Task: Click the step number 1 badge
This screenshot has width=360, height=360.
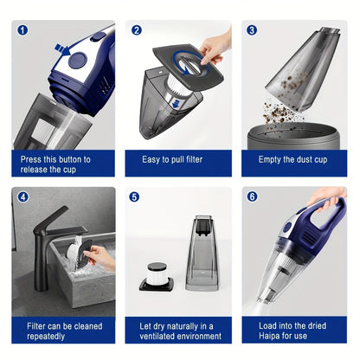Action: click(x=22, y=29)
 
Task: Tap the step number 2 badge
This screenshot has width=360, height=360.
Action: click(x=136, y=29)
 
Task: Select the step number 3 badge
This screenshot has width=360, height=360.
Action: click(x=252, y=29)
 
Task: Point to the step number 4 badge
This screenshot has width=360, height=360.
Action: click(x=22, y=196)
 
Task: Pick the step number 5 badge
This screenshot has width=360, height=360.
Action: click(x=136, y=196)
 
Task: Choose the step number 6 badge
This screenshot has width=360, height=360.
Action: click(x=252, y=196)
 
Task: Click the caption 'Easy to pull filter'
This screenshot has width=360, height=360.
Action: click(x=179, y=159)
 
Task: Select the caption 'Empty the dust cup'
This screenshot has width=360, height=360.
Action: click(x=293, y=159)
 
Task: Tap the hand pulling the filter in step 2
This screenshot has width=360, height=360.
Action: click(x=215, y=43)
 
